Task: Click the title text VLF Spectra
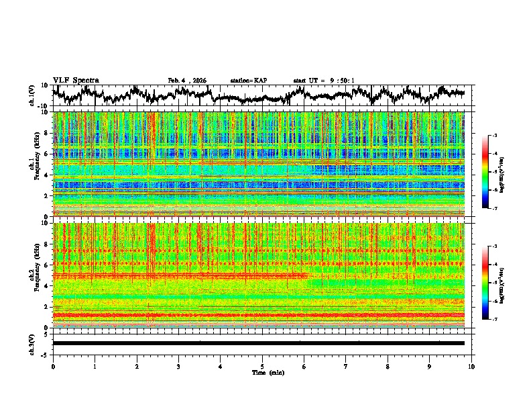click(76, 80)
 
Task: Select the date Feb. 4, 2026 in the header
click(187, 81)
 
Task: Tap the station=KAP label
click(248, 81)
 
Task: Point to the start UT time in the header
click(324, 81)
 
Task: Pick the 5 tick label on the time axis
click(262, 366)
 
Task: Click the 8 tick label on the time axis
click(388, 366)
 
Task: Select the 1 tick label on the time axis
click(95, 366)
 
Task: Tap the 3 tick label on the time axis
click(178, 366)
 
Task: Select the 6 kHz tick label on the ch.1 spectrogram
click(46, 154)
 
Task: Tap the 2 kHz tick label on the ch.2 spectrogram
click(46, 306)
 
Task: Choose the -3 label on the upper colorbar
click(494, 136)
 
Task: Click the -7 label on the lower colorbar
click(494, 320)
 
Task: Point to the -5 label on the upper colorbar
click(494, 172)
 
